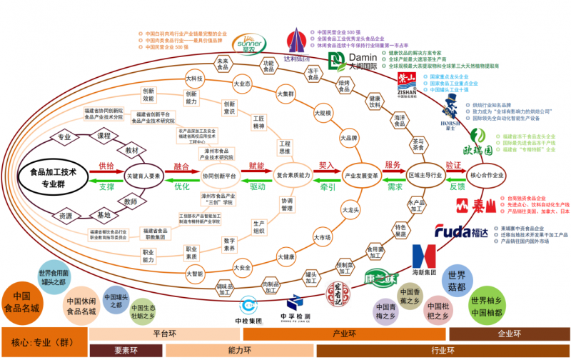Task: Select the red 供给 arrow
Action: coord(106,170)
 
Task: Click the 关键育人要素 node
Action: coord(145,176)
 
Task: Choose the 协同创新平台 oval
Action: coord(218,176)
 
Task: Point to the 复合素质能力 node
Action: coord(294,176)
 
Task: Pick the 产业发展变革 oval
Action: coord(361,176)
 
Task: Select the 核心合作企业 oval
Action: coord(488,176)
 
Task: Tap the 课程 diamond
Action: coord(105,136)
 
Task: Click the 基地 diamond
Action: coord(105,215)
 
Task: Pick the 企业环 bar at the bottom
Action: coord(510,334)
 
